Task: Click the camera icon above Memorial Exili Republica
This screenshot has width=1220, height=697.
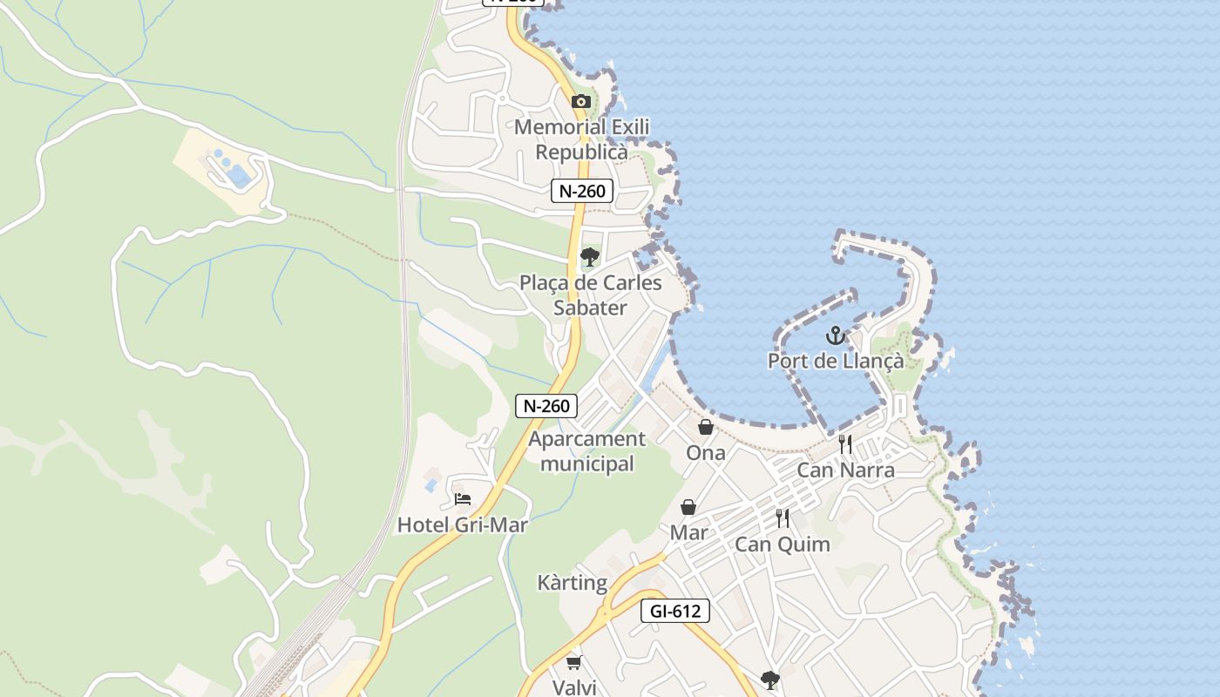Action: click(x=580, y=102)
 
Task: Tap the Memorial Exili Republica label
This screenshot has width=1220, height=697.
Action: click(x=581, y=139)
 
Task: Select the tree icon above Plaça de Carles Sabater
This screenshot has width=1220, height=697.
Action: click(x=590, y=257)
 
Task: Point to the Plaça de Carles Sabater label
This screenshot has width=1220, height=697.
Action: click(x=591, y=295)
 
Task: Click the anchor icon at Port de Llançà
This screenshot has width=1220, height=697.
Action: click(x=836, y=335)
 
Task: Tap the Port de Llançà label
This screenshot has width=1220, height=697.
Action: click(x=836, y=361)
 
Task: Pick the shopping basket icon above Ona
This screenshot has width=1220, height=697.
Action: click(x=706, y=428)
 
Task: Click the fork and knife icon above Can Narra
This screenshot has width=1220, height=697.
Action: click(x=844, y=444)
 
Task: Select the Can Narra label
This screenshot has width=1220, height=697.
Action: click(x=845, y=470)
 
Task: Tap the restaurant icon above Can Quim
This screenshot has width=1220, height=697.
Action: click(x=783, y=518)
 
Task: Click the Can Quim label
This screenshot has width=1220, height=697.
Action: click(x=783, y=545)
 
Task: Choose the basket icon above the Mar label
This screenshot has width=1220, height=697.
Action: click(x=688, y=507)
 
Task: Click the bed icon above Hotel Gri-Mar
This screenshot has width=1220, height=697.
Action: click(x=463, y=499)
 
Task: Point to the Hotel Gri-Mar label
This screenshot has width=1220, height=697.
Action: click(x=463, y=524)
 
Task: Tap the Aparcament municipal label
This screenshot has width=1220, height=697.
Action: click(x=587, y=451)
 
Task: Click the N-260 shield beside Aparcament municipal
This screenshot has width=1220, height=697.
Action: click(x=546, y=406)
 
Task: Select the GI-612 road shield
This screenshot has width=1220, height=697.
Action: click(x=675, y=612)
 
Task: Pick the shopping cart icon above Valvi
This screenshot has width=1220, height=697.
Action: click(x=574, y=663)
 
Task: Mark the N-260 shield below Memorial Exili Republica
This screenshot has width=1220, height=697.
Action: click(x=582, y=192)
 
